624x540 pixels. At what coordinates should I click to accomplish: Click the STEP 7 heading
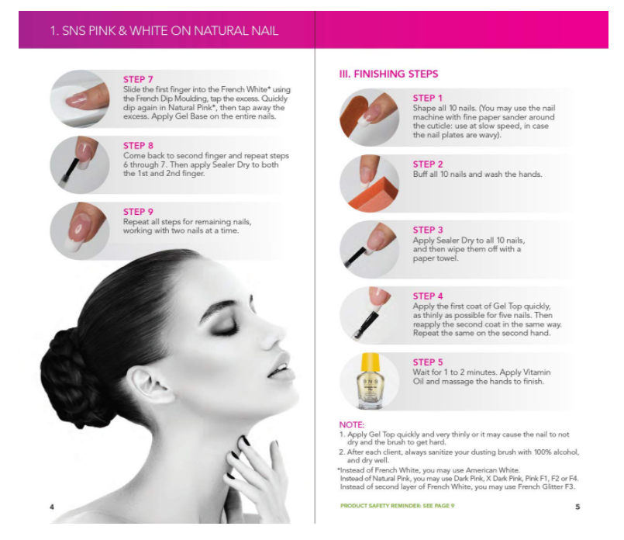coord(138,79)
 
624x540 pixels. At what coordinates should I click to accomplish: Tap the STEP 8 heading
coord(138,145)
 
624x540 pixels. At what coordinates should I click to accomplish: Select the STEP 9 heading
coord(138,211)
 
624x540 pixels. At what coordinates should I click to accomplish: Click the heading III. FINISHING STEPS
coord(388,74)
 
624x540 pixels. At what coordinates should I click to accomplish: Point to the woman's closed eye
coord(226,329)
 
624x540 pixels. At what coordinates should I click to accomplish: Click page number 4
coord(52,507)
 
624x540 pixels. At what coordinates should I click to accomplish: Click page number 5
coord(577,507)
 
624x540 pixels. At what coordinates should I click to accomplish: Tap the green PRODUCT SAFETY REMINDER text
coord(397,506)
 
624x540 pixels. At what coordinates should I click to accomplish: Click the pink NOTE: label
coord(352,424)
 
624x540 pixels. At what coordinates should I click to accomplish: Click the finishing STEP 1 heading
coord(428,99)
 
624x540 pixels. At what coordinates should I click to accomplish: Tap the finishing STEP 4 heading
coord(428,296)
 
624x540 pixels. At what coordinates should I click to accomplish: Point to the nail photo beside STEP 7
coord(79,99)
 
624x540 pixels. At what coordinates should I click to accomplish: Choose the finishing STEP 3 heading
coord(428,230)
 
